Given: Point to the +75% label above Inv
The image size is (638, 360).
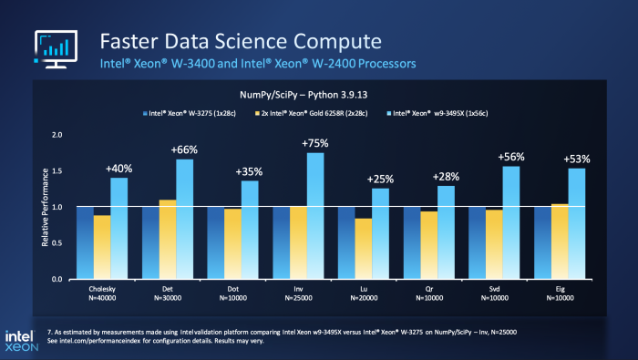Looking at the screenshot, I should (x=314, y=142).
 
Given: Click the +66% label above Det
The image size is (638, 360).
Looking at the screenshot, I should (x=185, y=149).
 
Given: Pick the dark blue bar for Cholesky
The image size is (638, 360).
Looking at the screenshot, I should (x=85, y=242).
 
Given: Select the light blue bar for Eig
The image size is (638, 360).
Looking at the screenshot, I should (x=575, y=223).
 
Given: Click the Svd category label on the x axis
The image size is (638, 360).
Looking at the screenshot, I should (x=491, y=288).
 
